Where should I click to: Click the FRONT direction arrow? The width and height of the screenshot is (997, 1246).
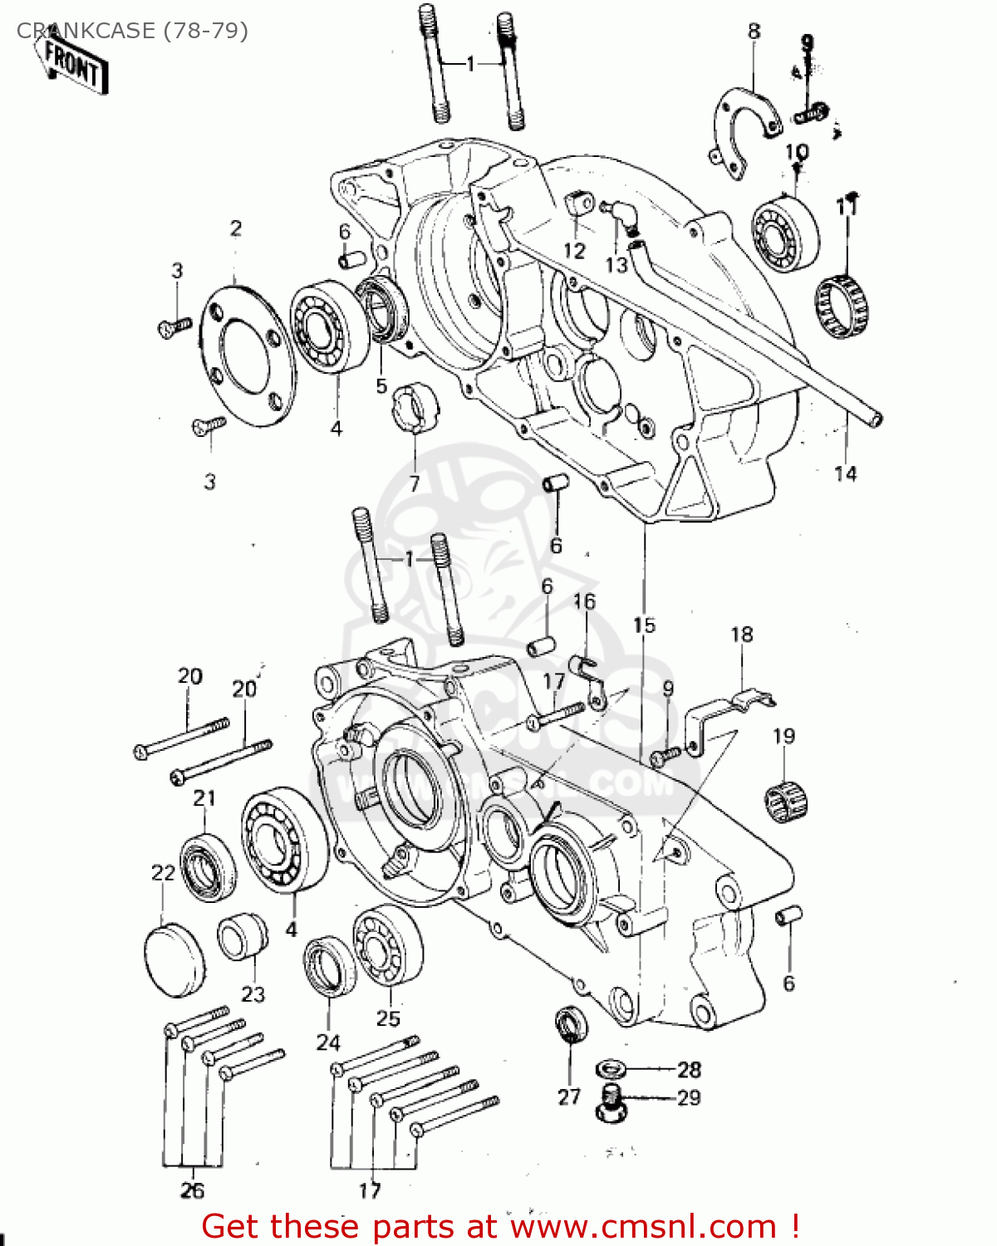pyautogui.click(x=72, y=65)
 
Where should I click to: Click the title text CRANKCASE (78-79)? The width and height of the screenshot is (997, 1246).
pyautogui.click(x=132, y=31)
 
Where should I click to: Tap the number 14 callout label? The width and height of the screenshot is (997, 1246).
pyautogui.click(x=845, y=473)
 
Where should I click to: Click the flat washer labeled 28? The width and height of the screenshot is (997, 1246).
pyautogui.click(x=611, y=1068)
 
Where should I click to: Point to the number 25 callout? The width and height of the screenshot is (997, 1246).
pyautogui.click(x=388, y=1018)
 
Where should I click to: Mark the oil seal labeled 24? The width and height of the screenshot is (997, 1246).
pyautogui.click(x=329, y=966)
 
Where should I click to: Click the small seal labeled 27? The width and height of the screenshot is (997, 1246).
pyautogui.click(x=571, y=1026)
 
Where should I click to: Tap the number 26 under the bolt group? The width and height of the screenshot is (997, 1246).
pyautogui.click(x=192, y=1190)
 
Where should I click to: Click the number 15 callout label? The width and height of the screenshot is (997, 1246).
pyautogui.click(x=644, y=625)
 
